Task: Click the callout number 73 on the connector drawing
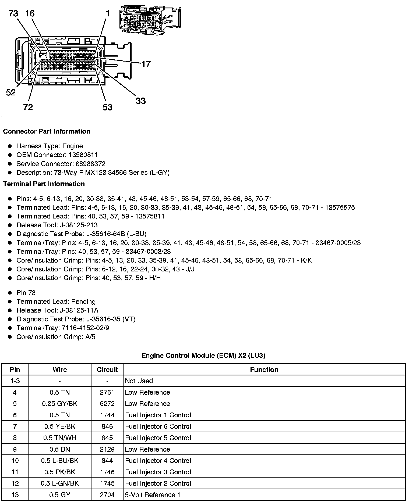pos(13,13)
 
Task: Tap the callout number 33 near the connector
pos(140,101)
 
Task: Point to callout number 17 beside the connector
pos(146,64)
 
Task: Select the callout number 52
pos(11,93)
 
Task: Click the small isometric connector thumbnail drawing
pos(150,19)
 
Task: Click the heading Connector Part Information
pos(47,131)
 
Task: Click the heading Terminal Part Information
pos(44,184)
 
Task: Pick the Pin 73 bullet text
pos(26,293)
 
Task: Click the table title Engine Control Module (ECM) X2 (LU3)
pos(203,356)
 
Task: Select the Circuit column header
pos(107,370)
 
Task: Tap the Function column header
pos(264,370)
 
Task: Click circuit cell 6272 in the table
pos(107,404)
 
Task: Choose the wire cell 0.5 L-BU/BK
pos(60,461)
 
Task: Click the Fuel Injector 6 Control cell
pos(158,426)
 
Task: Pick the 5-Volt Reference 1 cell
pos(153,495)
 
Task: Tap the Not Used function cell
pos(139,381)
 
